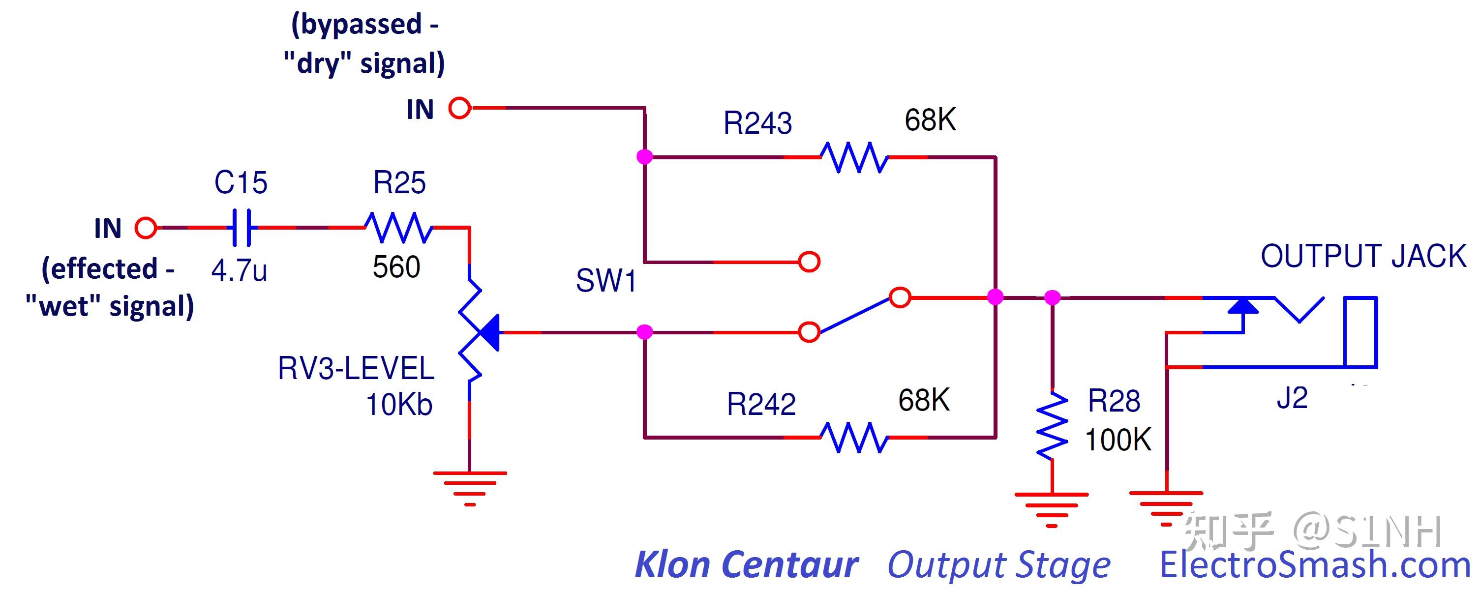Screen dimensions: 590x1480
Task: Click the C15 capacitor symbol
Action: point(242,228)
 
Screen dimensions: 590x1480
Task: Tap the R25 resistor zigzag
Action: point(399,228)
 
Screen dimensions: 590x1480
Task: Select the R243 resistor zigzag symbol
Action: point(854,157)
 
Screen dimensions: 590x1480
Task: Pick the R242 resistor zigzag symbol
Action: point(854,438)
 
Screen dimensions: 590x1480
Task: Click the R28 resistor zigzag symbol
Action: point(1052,426)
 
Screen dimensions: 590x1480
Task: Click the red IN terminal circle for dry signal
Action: point(459,108)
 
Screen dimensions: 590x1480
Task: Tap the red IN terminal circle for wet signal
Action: point(146,228)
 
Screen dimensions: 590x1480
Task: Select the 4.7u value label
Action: point(239,270)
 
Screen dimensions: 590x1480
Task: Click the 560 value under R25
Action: point(396,267)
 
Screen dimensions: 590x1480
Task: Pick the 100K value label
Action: point(1118,441)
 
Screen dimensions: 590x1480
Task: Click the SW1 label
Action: point(606,281)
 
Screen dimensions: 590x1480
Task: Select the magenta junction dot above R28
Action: point(1052,297)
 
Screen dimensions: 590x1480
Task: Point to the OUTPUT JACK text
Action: point(1363,256)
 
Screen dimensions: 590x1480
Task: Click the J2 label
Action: point(1292,398)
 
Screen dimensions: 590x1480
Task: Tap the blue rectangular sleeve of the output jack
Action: point(1360,332)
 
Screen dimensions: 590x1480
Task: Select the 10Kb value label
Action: point(399,405)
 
